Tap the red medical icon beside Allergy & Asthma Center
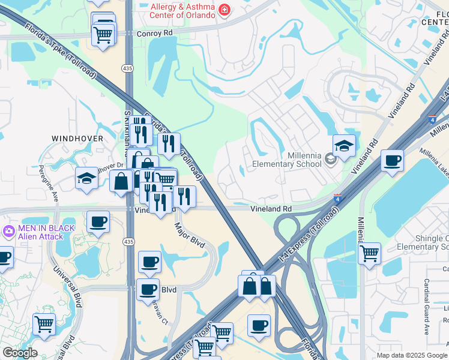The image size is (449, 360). click(224, 10)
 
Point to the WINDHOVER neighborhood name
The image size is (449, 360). click(77, 139)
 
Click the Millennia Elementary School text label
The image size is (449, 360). click(287, 159)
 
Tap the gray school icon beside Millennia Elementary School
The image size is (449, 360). click(330, 159)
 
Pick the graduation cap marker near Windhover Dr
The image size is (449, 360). click(86, 178)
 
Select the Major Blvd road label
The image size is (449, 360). click(189, 234)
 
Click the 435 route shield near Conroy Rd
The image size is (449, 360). click(128, 70)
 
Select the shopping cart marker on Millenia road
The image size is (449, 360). click(370, 253)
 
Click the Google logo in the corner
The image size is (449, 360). click(19, 353)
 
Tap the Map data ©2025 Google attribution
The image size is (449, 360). click(411, 355)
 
